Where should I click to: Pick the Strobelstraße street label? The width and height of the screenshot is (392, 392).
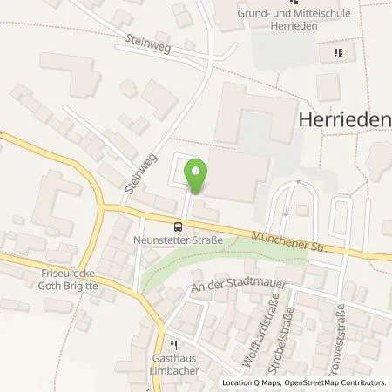[301, 329]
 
